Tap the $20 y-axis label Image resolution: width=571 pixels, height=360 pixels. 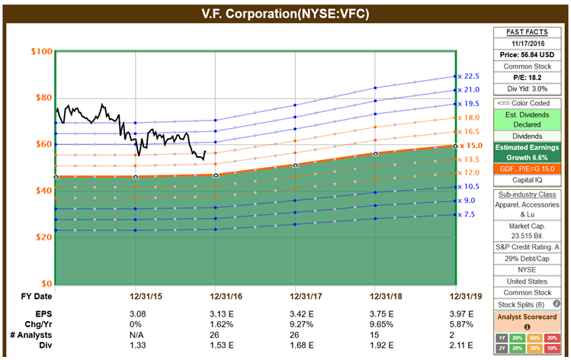click(42, 237)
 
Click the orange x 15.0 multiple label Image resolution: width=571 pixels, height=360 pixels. click(470, 145)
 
